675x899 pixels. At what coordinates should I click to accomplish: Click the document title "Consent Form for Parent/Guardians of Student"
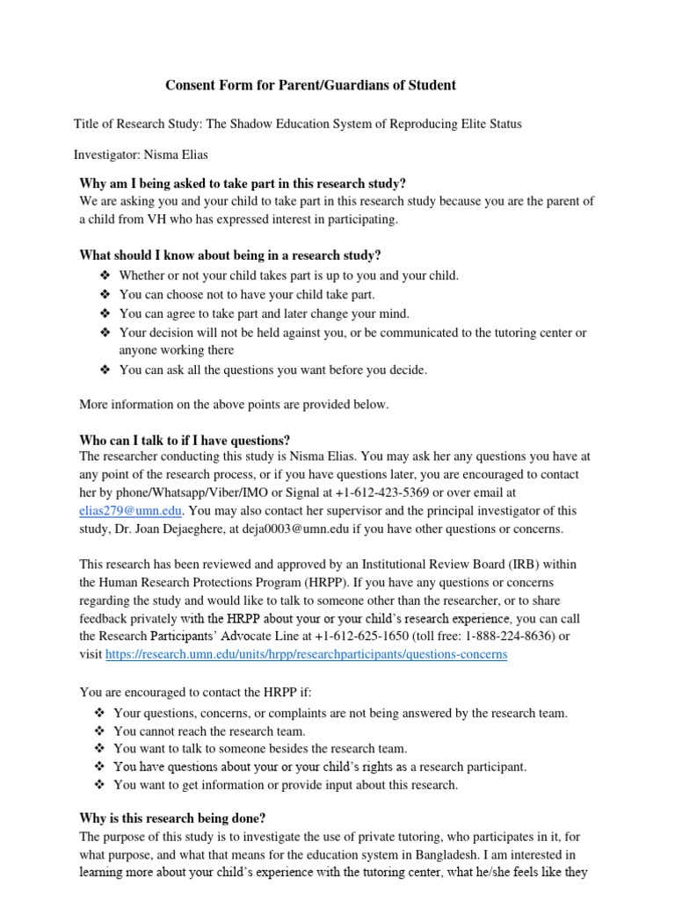[x=311, y=85]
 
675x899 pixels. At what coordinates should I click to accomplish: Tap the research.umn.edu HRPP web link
[x=306, y=654]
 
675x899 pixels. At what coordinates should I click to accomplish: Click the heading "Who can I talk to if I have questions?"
[x=185, y=440]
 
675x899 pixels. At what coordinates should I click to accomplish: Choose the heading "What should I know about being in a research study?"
[x=230, y=255]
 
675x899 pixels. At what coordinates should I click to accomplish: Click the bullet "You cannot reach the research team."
[x=209, y=730]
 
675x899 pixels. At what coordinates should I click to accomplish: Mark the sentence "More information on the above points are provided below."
[x=234, y=404]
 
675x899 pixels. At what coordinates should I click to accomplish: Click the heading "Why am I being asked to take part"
[x=243, y=183]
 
